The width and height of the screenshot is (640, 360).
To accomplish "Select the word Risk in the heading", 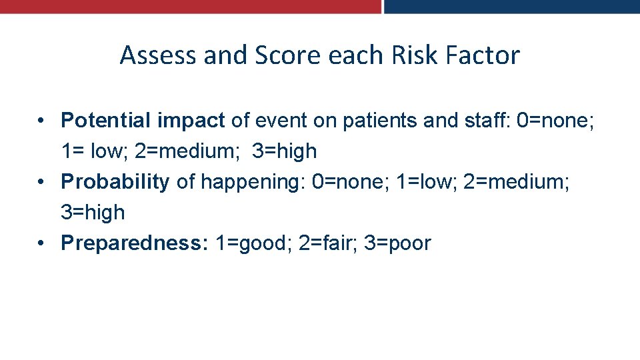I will [411, 55].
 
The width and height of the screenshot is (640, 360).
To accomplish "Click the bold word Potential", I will [107, 121].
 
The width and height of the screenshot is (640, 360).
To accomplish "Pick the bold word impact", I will [191, 121].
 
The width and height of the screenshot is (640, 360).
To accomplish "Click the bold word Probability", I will [115, 182].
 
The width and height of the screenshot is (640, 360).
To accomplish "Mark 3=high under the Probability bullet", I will [93, 213].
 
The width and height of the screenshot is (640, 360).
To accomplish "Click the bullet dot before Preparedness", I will [41, 243].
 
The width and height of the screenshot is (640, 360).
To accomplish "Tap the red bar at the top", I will [190, 6].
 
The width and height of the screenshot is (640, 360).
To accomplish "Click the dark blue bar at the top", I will [511, 6].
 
